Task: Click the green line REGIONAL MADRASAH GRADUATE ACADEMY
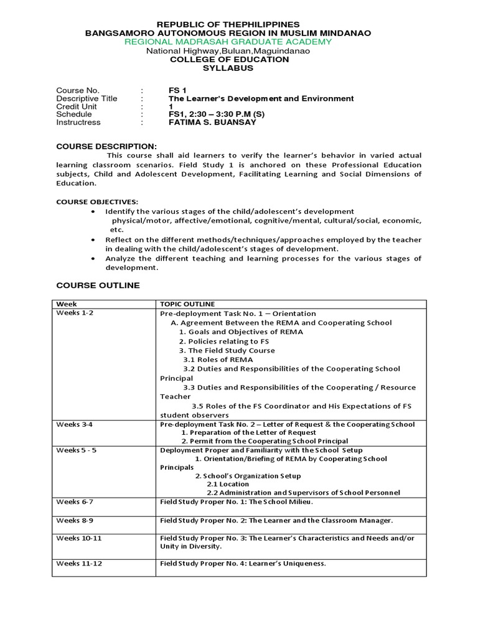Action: [x=228, y=42]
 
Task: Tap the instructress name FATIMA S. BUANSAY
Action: [x=212, y=123]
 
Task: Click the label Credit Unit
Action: [x=76, y=106]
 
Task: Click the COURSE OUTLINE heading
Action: [x=98, y=286]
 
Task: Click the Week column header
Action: [x=65, y=304]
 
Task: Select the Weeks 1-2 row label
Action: [x=75, y=313]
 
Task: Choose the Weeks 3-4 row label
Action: [x=75, y=424]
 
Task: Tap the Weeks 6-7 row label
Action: [x=75, y=501]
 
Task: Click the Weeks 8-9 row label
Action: [x=75, y=519]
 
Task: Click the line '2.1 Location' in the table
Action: [x=228, y=484]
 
